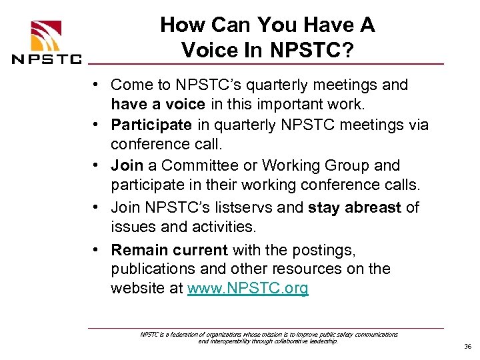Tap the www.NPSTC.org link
(248, 289)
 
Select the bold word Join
(127, 165)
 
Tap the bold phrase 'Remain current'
(169, 250)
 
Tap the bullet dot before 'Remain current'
(97, 250)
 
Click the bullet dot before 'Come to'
(97, 85)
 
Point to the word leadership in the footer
(323, 341)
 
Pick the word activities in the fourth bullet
(219, 227)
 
